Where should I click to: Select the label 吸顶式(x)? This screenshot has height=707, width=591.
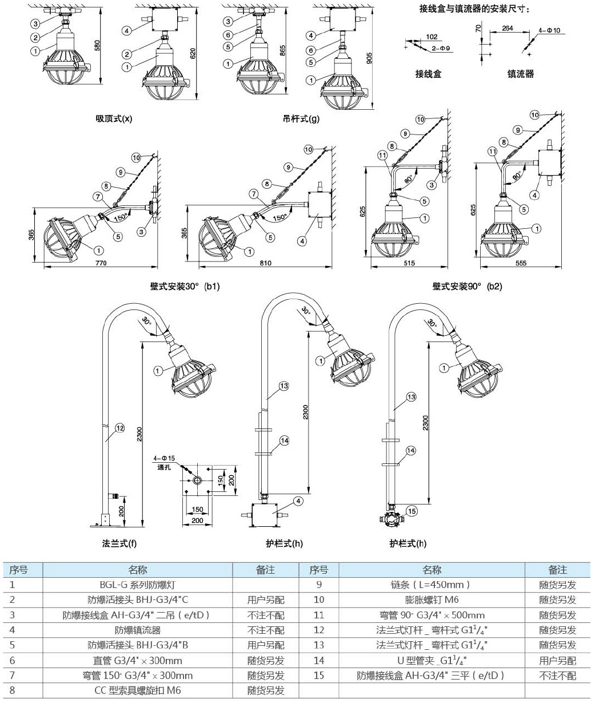click(x=114, y=119)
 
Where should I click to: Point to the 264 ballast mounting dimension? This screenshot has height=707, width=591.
click(x=507, y=28)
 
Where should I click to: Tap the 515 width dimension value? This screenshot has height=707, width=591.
click(x=408, y=264)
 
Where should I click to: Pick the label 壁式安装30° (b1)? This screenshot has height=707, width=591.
click(x=185, y=286)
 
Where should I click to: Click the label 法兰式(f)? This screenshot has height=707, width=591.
click(x=119, y=543)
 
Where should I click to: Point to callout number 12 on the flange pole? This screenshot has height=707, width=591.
click(x=119, y=427)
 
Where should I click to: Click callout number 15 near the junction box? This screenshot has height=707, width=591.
click(x=412, y=511)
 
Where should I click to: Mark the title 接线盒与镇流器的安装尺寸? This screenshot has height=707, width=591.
click(x=474, y=9)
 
